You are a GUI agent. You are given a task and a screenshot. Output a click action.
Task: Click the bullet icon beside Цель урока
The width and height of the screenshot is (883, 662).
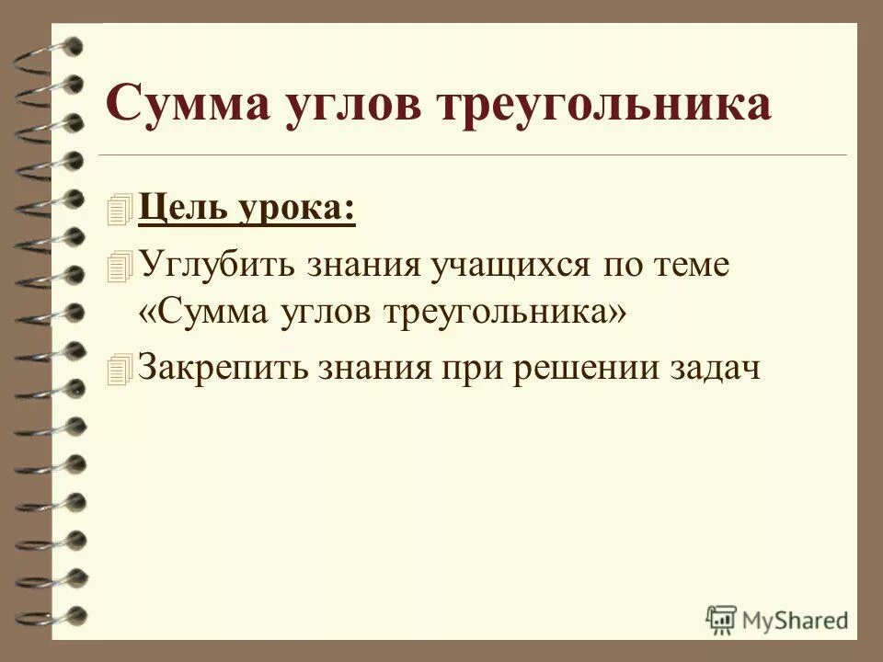coord(120,211)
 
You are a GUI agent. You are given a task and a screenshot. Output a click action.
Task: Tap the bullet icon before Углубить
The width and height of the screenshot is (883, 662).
coord(120,265)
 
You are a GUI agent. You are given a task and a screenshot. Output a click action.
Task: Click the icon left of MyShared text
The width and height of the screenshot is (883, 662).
coord(721,619)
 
